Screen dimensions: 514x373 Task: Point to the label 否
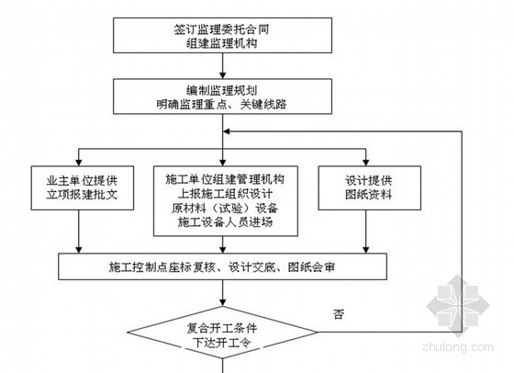339,314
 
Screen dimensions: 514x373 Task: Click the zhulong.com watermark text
458,347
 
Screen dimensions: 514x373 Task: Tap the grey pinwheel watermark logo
458,306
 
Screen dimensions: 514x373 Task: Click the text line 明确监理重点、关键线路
221,105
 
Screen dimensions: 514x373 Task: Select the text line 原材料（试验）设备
225,208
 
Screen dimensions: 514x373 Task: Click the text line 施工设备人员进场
225,222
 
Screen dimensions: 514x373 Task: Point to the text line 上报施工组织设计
225,194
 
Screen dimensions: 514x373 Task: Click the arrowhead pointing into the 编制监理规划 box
222,75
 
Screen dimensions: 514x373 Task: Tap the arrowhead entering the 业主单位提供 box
79,163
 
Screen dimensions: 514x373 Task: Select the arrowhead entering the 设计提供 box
366,163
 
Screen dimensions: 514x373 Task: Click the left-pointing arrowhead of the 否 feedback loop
227,131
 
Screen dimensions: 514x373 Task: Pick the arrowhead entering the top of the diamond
222,302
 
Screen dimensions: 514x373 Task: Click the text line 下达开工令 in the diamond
222,343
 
